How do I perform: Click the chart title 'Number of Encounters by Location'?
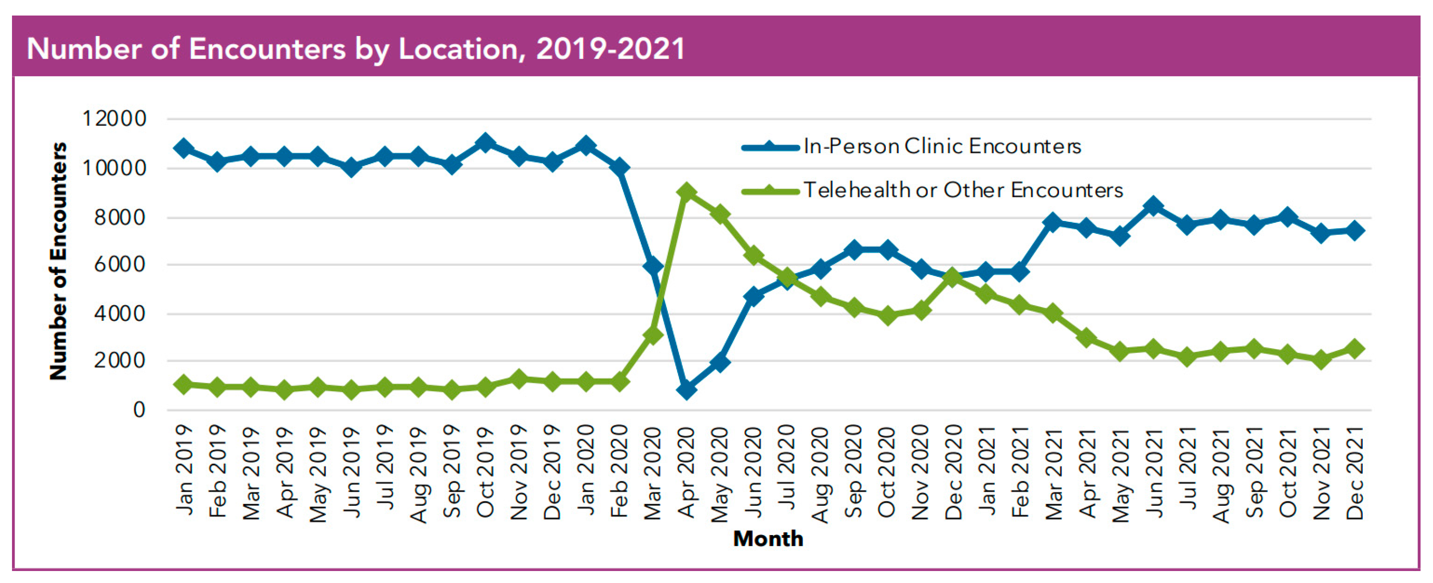(356, 49)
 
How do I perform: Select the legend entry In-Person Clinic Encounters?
(942, 146)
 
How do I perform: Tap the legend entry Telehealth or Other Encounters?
(963, 190)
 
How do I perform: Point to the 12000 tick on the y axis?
(114, 118)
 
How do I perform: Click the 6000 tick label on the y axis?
(119, 264)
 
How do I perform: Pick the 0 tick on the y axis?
(139, 410)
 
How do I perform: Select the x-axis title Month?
(768, 539)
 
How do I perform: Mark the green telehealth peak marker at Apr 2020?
(687, 192)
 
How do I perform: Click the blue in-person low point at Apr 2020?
(687, 390)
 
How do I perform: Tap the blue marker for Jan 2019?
(183, 148)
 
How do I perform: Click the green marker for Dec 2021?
(1355, 348)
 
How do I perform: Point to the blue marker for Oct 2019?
(485, 143)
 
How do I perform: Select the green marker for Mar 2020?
(652, 335)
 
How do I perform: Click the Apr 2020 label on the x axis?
(687, 473)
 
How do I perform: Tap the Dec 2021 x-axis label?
(1355, 473)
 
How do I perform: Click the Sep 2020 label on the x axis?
(853, 473)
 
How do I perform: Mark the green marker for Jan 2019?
(183, 384)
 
